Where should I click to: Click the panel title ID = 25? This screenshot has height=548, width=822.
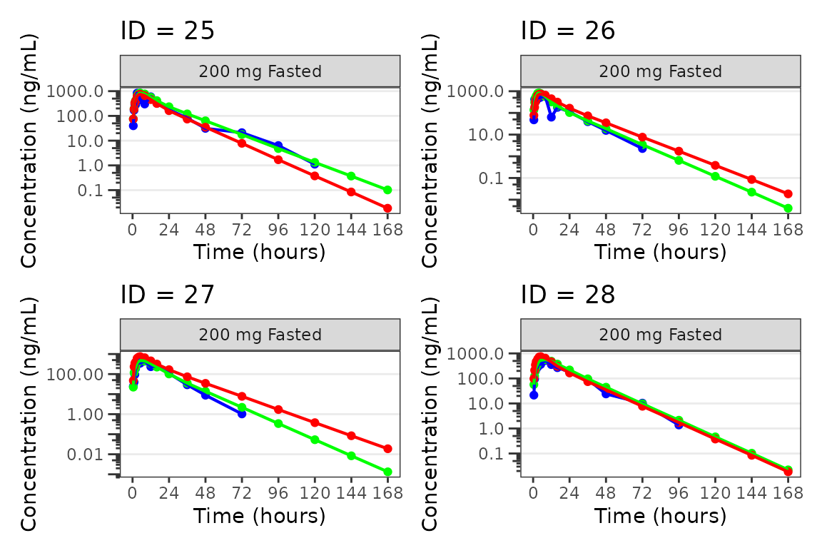(167, 31)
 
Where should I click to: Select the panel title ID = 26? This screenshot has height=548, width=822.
(568, 31)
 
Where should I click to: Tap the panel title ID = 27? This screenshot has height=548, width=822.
(167, 295)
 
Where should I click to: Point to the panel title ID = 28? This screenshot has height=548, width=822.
(568, 295)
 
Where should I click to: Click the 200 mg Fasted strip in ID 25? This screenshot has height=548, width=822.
(260, 71)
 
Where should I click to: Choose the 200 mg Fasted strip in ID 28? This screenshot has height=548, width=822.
(661, 335)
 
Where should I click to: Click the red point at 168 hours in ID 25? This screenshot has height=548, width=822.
(387, 208)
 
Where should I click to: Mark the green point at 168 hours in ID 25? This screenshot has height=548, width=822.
(387, 190)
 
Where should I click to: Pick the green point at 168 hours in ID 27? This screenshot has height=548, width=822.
(387, 472)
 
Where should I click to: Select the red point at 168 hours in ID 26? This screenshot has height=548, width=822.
(788, 193)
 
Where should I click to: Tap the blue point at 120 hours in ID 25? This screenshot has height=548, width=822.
(315, 163)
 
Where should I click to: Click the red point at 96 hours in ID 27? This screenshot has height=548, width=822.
(278, 410)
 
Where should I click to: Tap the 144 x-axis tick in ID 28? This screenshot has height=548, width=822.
(752, 493)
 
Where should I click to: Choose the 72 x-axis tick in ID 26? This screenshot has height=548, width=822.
(642, 230)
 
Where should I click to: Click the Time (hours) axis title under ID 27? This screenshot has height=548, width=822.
(260, 515)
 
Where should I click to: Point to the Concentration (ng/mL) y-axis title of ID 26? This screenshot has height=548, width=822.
(430, 150)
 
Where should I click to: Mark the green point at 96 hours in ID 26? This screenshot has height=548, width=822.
(679, 160)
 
